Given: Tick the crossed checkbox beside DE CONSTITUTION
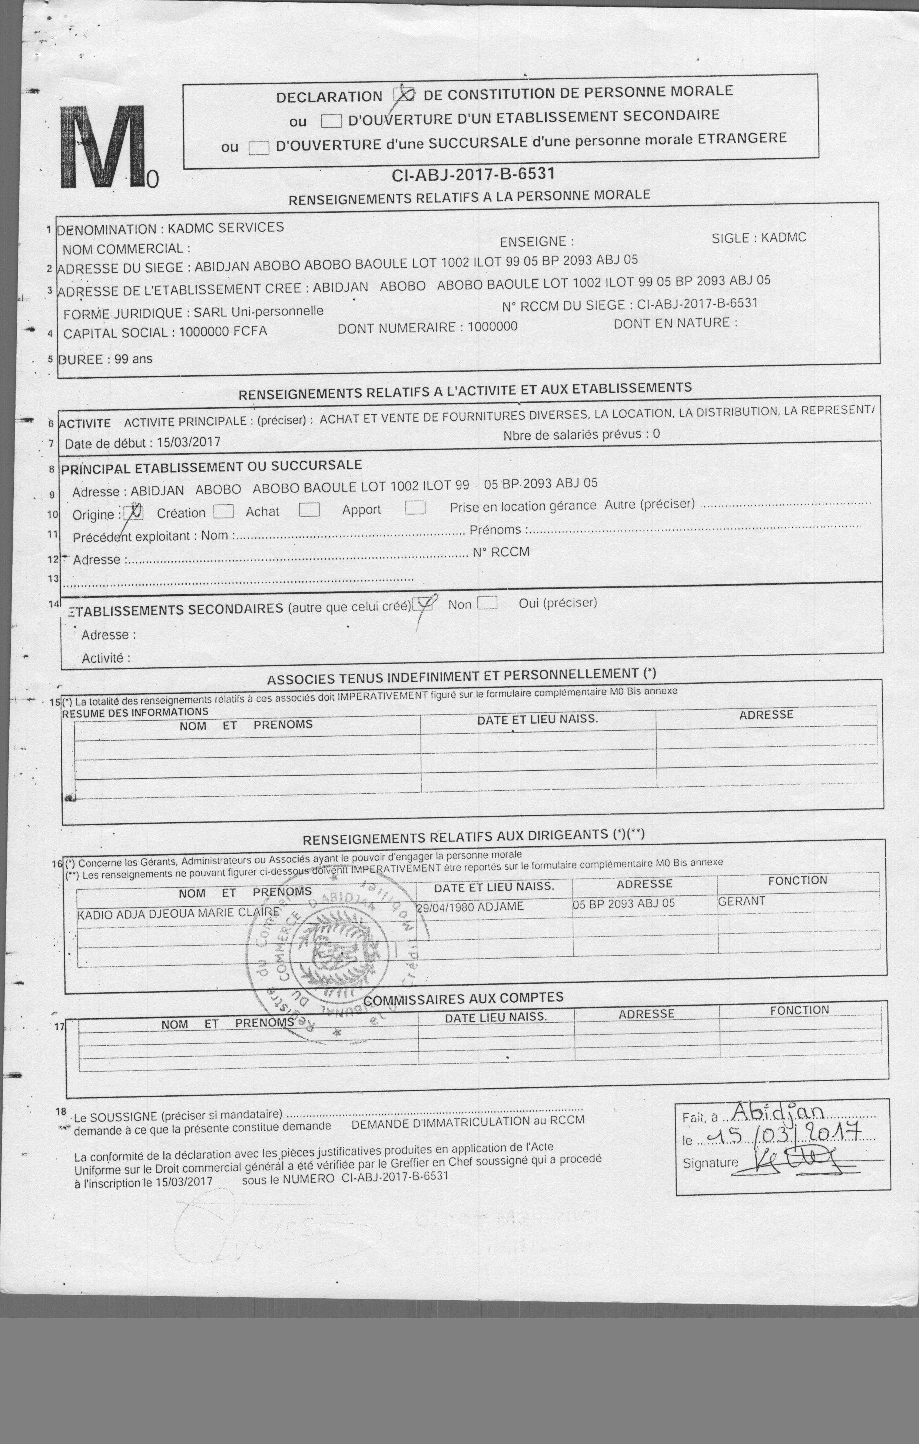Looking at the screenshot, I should [x=404, y=95].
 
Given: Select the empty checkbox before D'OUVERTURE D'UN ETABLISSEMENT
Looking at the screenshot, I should [x=331, y=121].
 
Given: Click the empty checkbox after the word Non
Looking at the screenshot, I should [x=487, y=603].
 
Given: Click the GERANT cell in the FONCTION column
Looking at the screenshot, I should [x=741, y=901].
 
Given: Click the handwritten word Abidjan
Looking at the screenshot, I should [x=778, y=1111].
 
